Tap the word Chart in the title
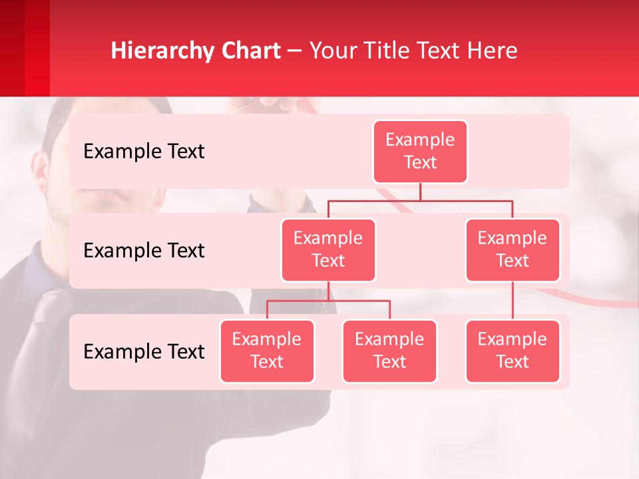click(x=248, y=51)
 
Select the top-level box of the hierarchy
click(x=420, y=152)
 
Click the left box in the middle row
click(x=328, y=250)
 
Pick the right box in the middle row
click(x=513, y=250)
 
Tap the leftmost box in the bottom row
click(x=267, y=351)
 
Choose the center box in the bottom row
click(x=389, y=351)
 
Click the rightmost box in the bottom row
click(x=513, y=351)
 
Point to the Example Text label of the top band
click(x=144, y=152)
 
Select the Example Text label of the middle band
click(x=144, y=251)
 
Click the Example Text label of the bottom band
click(x=144, y=352)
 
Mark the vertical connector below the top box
click(x=420, y=192)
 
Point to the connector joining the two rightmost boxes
click(x=513, y=301)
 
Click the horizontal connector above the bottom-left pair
click(x=328, y=301)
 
